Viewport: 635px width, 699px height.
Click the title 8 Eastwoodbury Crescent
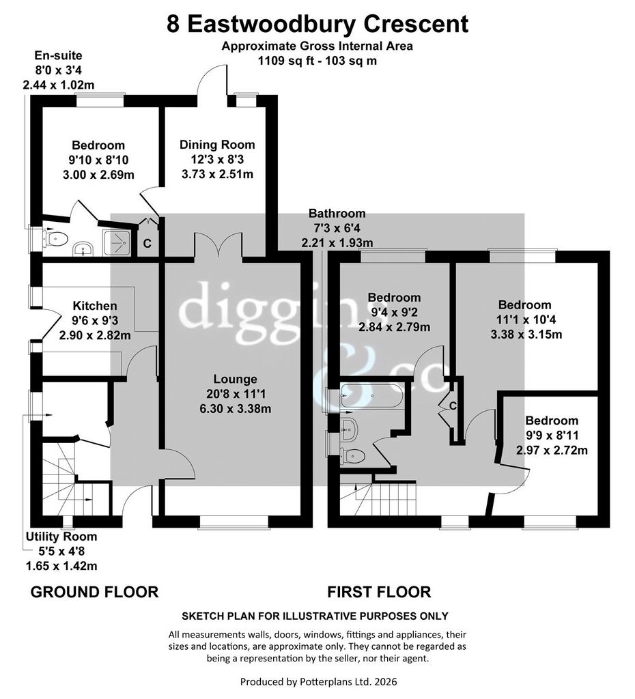click(x=317, y=24)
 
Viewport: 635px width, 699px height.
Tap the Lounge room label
click(x=236, y=379)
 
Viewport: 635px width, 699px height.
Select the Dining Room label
click(x=217, y=145)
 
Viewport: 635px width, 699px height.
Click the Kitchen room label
click(x=95, y=306)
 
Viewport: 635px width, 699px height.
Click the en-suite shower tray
click(x=117, y=243)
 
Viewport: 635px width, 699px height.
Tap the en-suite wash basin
click(x=83, y=249)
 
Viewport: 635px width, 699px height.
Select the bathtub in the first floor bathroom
click(x=372, y=395)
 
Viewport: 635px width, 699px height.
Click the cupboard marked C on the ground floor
click(x=147, y=244)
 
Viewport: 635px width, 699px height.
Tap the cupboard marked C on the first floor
click(x=452, y=406)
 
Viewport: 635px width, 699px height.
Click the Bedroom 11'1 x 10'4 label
click(x=526, y=319)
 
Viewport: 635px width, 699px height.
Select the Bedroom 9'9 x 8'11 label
click(x=552, y=435)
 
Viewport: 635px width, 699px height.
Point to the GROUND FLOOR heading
click(x=94, y=592)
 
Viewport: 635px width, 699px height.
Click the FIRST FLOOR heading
click(x=379, y=592)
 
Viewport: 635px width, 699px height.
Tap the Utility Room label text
click(x=61, y=537)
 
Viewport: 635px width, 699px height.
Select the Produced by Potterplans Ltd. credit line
click(x=318, y=682)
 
